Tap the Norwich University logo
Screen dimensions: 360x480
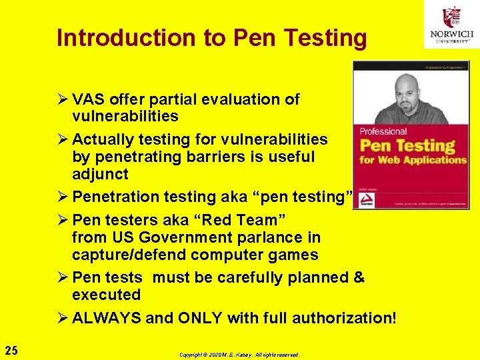(x=451, y=25)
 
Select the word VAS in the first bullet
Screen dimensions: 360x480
(x=87, y=99)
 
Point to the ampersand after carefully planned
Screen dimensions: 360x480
(x=359, y=277)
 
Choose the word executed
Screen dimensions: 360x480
(x=107, y=295)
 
